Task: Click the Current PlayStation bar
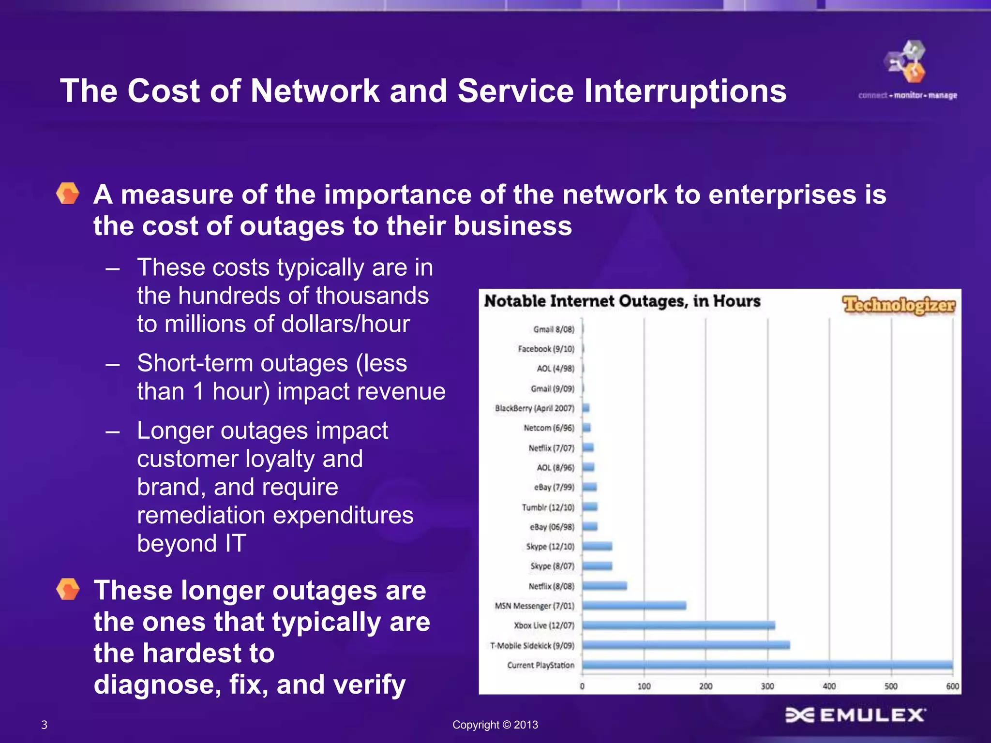pos(767,665)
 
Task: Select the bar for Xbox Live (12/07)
pos(678,625)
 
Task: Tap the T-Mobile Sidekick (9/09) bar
pos(686,645)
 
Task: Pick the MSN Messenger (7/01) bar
pos(634,606)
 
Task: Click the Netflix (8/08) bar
pos(604,586)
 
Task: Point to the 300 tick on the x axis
pos(767,686)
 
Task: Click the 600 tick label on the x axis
pos(952,686)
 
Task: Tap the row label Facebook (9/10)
pos(546,349)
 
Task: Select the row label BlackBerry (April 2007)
pos(534,408)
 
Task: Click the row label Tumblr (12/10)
pos(548,507)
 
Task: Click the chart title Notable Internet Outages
pos(622,301)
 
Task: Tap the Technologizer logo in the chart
pos(899,305)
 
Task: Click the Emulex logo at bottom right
pos(855,715)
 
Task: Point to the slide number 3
pos(45,725)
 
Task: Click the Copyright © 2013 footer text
pos(495,725)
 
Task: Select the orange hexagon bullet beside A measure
pos(68,193)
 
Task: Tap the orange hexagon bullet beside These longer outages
pos(68,589)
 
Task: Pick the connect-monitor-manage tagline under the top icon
pos(907,95)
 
